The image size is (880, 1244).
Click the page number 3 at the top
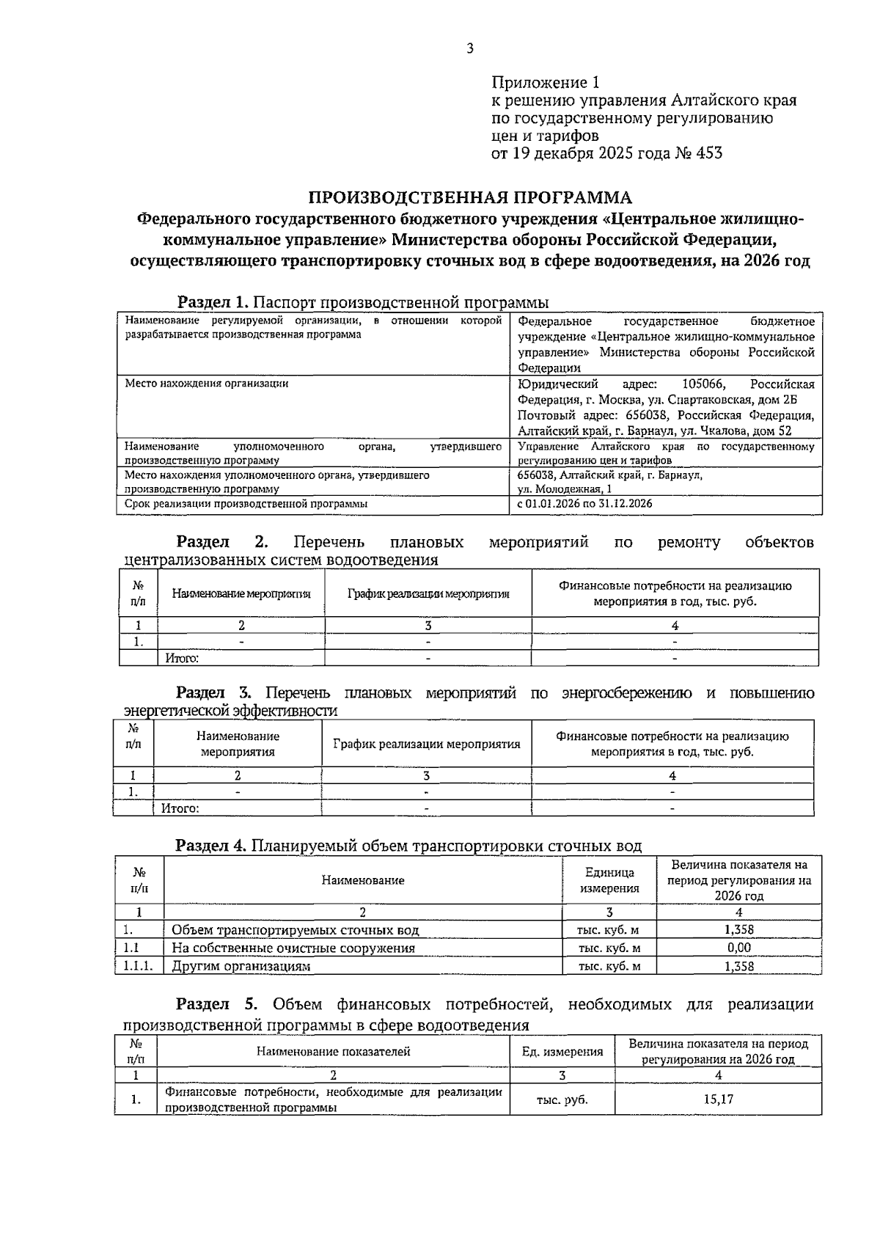469,49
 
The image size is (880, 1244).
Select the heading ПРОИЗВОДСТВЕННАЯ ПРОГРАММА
469,198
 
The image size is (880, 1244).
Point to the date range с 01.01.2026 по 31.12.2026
584,504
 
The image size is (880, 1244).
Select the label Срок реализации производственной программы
246,504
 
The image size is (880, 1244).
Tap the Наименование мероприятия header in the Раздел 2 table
241,593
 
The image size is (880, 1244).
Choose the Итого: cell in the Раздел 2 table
182,658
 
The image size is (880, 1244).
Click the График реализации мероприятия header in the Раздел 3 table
426,744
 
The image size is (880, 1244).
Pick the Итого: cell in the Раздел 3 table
180,808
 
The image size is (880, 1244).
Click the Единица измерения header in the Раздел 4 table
609,880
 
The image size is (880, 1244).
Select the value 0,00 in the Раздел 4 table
738,948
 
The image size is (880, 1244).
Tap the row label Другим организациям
241,966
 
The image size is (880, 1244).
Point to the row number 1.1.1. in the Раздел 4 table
138,966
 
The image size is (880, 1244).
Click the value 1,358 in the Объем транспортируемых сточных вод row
738,929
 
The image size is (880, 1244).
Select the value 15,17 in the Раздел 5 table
718,1100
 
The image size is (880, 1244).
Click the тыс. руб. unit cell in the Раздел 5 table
562,1100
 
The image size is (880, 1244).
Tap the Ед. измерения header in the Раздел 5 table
562,1052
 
